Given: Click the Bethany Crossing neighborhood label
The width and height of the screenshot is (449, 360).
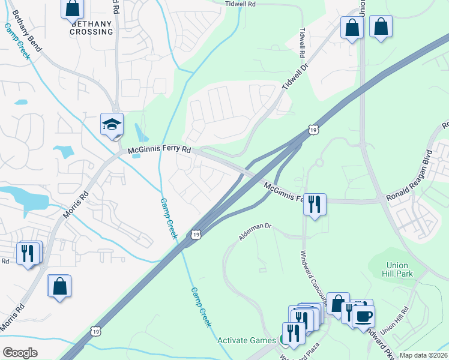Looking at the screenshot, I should [91, 28].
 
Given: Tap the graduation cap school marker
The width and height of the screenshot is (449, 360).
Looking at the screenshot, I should [112, 124].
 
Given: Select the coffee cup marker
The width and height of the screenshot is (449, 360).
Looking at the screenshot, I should [364, 314].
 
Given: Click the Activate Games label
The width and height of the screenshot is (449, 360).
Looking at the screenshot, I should [246, 340].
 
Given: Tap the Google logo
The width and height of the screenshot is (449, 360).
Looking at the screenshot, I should [20, 353].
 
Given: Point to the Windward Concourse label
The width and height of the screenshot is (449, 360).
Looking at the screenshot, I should [313, 273].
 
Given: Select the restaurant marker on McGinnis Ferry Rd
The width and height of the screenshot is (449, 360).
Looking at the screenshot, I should [314, 205].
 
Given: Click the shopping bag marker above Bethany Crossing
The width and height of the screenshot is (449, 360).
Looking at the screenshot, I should [72, 8].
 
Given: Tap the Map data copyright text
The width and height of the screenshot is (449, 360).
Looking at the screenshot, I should [424, 355].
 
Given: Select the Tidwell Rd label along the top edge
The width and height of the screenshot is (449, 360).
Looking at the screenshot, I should [240, 4].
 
